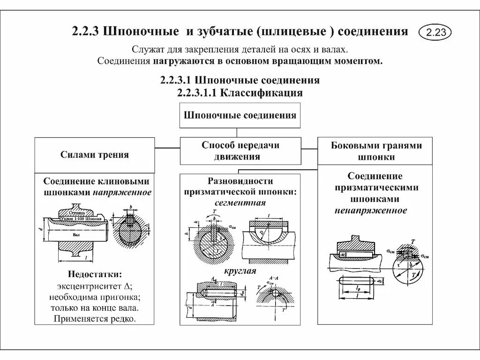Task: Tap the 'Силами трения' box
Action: [95, 155]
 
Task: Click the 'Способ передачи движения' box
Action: [240, 151]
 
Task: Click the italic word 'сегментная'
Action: [240, 203]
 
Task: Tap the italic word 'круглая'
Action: [240, 271]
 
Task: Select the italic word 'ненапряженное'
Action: [370, 210]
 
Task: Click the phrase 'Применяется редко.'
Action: [95, 319]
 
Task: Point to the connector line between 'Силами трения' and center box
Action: [167, 148]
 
